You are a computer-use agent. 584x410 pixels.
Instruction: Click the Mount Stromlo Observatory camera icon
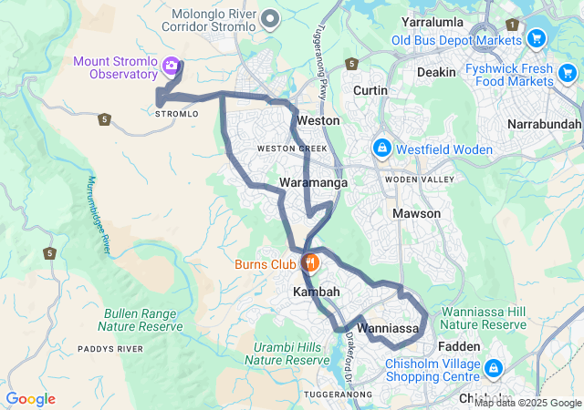(x=170, y=66)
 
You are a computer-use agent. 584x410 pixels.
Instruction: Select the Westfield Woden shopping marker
(x=381, y=148)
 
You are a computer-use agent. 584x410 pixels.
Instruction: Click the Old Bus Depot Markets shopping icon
(x=536, y=38)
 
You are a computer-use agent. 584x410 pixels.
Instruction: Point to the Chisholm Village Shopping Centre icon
(x=494, y=368)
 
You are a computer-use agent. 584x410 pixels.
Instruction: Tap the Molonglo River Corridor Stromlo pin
(x=270, y=19)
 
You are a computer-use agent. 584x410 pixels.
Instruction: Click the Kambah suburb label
(x=316, y=292)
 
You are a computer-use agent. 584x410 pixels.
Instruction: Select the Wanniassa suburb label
(x=388, y=327)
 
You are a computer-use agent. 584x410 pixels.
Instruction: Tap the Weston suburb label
(x=319, y=120)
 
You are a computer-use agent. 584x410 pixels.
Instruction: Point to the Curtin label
(x=370, y=90)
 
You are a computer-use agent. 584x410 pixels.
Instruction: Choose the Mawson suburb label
(x=416, y=213)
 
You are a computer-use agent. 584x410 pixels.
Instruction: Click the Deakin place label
(x=435, y=71)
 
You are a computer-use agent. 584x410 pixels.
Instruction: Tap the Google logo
(x=30, y=399)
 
